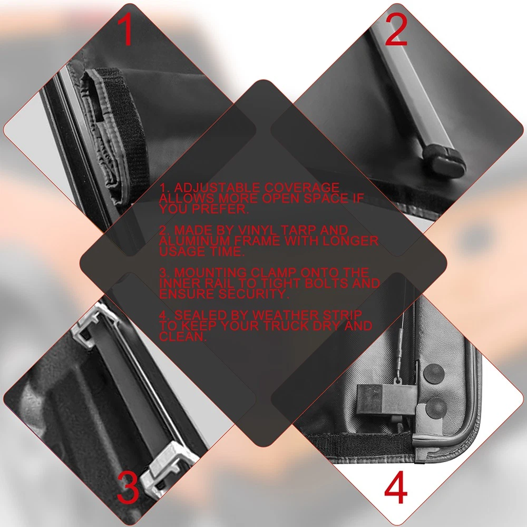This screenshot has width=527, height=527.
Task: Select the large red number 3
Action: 128,487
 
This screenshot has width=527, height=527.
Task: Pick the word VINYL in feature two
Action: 258,230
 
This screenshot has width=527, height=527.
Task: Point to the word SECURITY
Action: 253,294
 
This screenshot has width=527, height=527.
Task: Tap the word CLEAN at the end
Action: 182,336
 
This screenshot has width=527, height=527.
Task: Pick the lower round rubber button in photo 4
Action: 436,408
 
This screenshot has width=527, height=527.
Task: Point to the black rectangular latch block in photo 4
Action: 386,401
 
